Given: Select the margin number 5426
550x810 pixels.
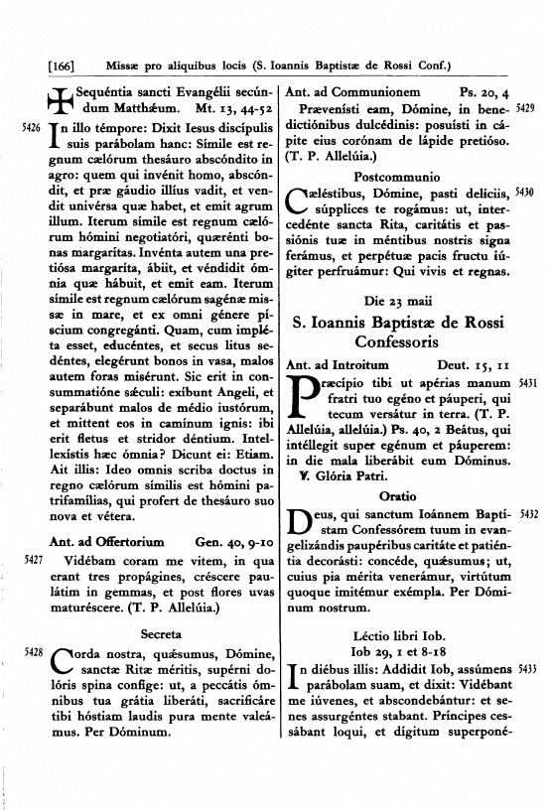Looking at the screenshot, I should point(30,129).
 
